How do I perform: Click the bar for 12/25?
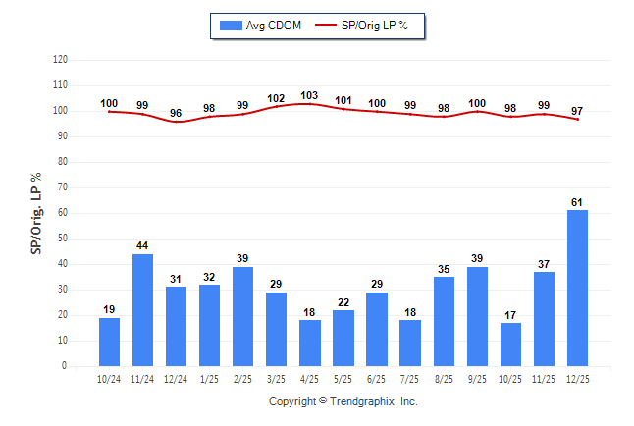point(577,288)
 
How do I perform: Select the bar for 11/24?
point(143,309)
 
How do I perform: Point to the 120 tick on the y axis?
point(60,60)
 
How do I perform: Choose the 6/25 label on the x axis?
point(377,379)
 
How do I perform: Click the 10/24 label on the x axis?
point(110,379)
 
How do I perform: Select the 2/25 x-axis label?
point(243,379)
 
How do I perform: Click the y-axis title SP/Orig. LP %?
point(36,212)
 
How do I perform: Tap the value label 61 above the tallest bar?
point(577,202)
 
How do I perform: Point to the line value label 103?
point(310,95)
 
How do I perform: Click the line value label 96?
point(177,113)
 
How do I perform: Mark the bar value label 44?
point(143,245)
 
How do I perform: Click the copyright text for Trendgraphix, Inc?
point(343,401)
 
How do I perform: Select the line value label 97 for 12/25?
point(577,110)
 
